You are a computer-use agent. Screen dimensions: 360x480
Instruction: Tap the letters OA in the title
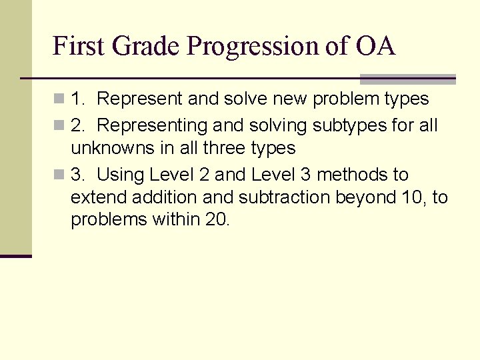point(375,46)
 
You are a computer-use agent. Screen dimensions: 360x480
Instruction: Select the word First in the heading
point(79,46)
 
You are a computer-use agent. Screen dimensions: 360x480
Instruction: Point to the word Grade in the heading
point(146,46)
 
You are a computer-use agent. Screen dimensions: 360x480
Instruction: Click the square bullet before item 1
point(60,99)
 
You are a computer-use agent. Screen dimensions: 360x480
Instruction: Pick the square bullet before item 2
point(60,125)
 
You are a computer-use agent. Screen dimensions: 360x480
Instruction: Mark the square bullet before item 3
point(60,175)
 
